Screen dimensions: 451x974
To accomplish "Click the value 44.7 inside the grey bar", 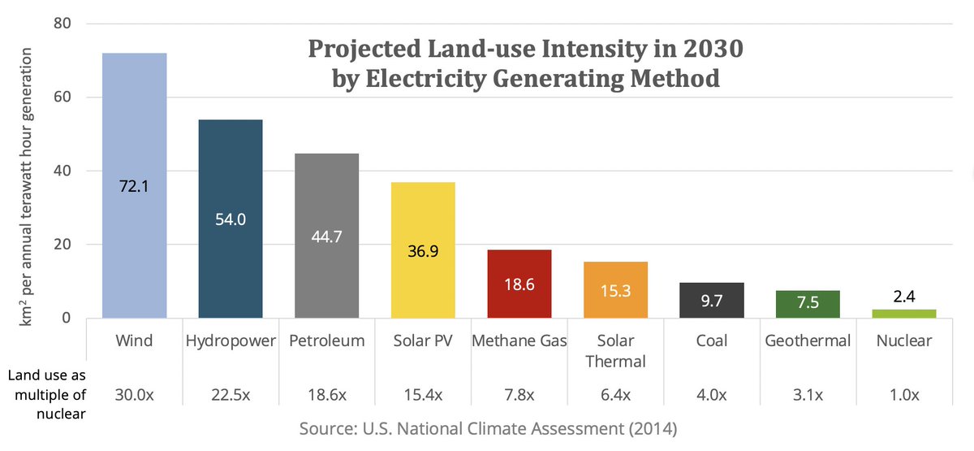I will click(326, 236).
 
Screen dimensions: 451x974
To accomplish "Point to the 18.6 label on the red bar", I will click(519, 285).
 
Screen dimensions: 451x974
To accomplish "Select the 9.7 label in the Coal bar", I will click(713, 301).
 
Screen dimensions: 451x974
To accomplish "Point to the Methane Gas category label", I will click(519, 340).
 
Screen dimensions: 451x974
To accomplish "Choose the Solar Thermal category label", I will click(616, 349).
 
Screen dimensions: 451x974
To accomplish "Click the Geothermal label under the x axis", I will click(808, 340).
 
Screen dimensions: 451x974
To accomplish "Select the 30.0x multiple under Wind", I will click(135, 395).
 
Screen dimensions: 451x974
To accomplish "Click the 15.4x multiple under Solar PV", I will click(423, 395).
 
